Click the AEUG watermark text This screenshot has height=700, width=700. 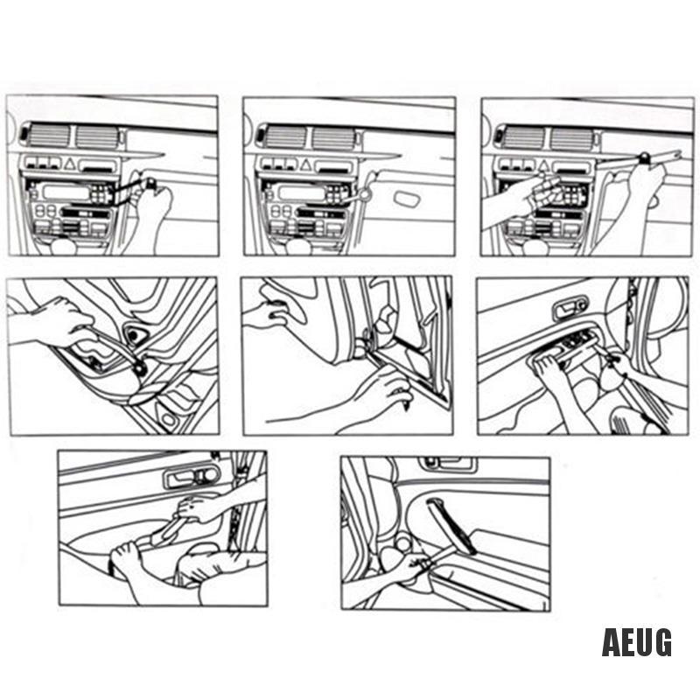coord(636,643)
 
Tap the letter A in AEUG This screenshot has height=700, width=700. coord(611,643)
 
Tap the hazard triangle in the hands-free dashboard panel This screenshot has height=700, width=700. coord(305,164)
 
